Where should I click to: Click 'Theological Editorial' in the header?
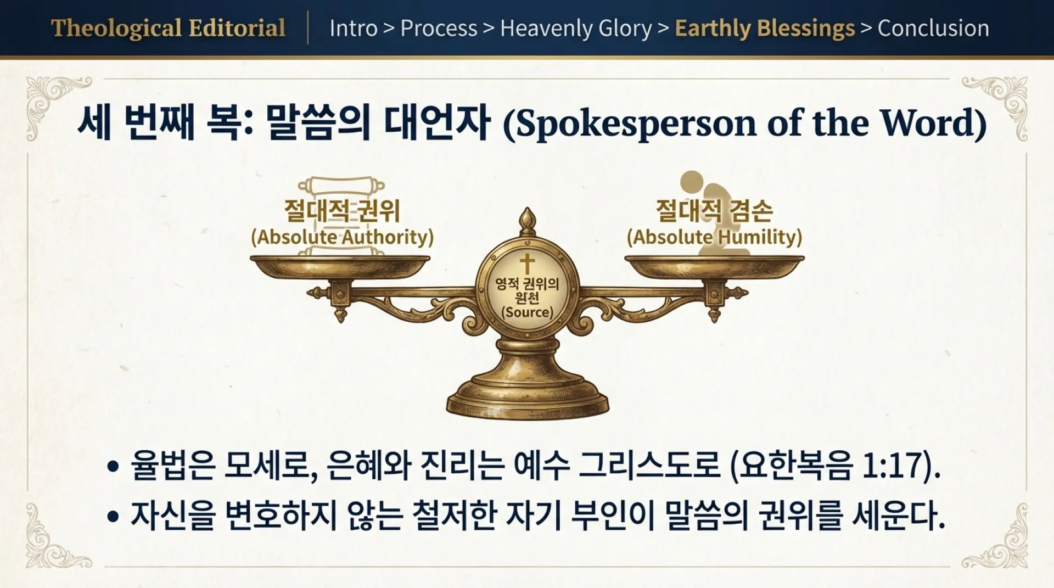[x=168, y=28]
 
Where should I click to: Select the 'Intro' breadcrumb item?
[x=353, y=28]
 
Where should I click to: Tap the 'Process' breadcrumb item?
[x=439, y=28]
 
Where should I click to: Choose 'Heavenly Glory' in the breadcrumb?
[x=576, y=28]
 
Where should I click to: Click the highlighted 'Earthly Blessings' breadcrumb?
[x=765, y=28]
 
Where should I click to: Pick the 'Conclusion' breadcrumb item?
[x=933, y=28]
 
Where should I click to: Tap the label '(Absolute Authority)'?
[x=342, y=237]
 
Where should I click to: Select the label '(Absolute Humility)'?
[x=714, y=237]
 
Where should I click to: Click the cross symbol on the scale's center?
[x=527, y=263]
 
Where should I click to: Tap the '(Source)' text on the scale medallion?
[x=527, y=312]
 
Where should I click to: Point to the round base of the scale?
[x=527, y=398]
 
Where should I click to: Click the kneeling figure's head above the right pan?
[x=692, y=181]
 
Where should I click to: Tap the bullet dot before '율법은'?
[x=113, y=467]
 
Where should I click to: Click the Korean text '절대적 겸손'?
[x=714, y=210]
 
